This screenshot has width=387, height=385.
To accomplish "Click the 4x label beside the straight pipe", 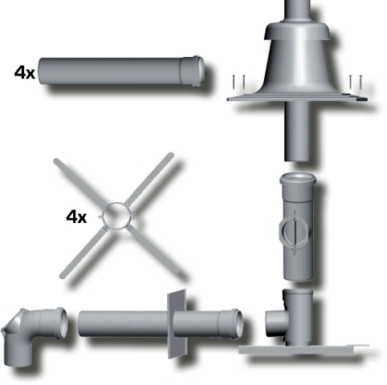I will (24, 72).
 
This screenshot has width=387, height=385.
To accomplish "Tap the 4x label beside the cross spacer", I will (77, 216).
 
